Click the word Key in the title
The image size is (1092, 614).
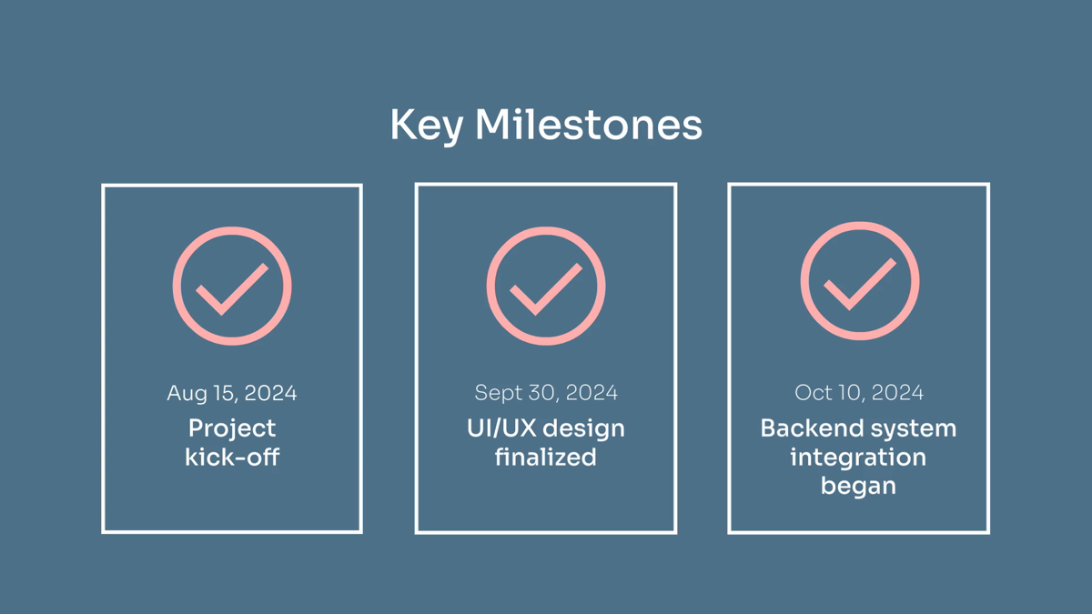pyautogui.click(x=427, y=126)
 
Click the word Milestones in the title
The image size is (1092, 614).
pyautogui.click(x=589, y=125)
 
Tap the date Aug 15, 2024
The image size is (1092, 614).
pyautogui.click(x=232, y=394)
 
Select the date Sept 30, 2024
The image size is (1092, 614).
pyautogui.click(x=546, y=393)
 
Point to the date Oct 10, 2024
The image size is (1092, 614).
pyautogui.click(x=859, y=393)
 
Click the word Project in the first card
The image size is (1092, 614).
pyautogui.click(x=232, y=429)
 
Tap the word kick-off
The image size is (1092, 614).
pyautogui.click(x=232, y=457)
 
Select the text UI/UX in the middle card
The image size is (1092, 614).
pyautogui.click(x=502, y=428)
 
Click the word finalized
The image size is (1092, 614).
pyautogui.click(x=545, y=457)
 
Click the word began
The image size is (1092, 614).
pyautogui.click(x=858, y=487)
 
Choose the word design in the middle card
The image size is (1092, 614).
pyautogui.click(x=583, y=429)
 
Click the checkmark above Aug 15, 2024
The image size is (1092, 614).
pyautogui.click(x=232, y=289)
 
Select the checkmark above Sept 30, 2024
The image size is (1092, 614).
pyautogui.click(x=546, y=289)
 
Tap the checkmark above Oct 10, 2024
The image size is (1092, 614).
pyautogui.click(x=860, y=284)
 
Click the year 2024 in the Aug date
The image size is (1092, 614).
pyautogui.click(x=270, y=393)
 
